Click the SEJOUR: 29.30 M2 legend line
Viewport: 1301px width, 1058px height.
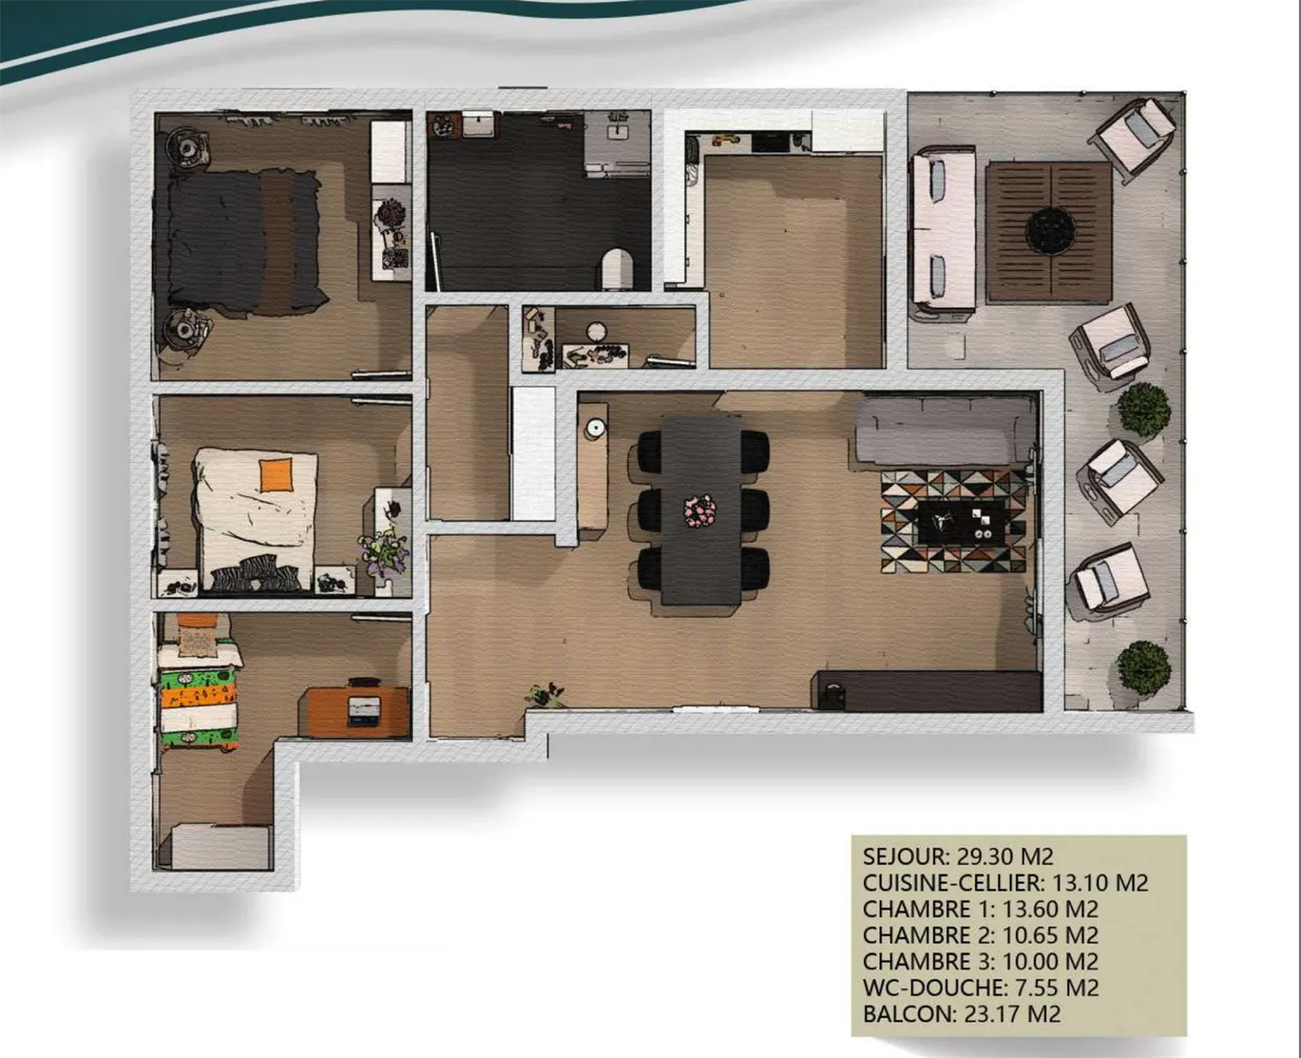tap(958, 856)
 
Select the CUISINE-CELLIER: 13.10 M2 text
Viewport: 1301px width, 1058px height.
tap(1005, 882)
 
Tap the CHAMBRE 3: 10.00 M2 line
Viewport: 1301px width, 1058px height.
tap(980, 961)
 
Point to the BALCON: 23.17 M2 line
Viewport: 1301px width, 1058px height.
tap(961, 1014)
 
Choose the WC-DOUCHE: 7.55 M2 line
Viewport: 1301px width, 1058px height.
tap(980, 988)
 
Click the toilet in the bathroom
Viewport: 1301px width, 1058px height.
tap(618, 268)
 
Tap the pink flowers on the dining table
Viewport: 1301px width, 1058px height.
tap(699, 511)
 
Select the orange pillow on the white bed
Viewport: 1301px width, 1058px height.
tap(276, 474)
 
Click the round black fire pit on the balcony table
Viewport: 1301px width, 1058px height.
tap(1049, 230)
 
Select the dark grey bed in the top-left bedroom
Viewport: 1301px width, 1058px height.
tap(242, 241)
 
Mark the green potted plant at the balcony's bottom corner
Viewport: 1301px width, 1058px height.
tap(1143, 667)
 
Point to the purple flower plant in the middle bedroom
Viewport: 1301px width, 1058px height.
tap(387, 551)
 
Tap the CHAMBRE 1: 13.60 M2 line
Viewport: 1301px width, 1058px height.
tap(980, 909)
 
